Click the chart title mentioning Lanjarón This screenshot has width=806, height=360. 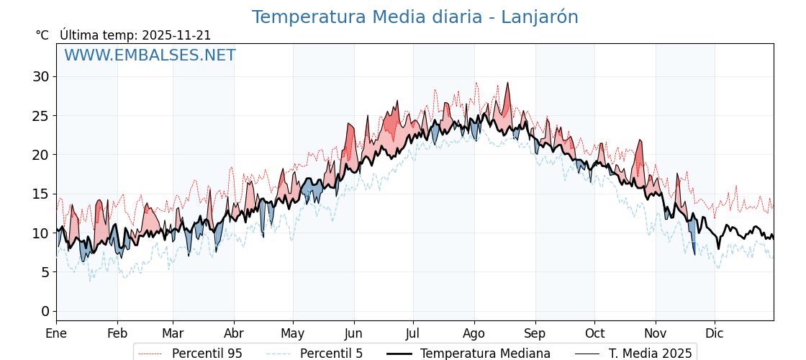(415, 17)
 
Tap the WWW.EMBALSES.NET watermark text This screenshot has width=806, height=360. (150, 55)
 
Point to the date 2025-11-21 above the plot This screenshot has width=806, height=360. (176, 35)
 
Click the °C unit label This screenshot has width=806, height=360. (42, 35)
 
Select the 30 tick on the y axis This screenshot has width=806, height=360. (40, 76)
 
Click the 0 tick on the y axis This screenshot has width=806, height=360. (45, 311)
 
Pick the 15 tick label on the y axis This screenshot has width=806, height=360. (40, 194)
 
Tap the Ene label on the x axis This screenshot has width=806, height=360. (56, 333)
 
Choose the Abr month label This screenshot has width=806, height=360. (234, 333)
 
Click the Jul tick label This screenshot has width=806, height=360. (413, 333)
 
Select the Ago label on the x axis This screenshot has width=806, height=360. (474, 333)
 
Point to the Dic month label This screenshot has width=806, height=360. (715, 333)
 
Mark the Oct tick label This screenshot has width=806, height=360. (594, 333)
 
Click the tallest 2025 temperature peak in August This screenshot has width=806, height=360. (507, 83)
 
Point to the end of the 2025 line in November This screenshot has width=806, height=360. (695, 254)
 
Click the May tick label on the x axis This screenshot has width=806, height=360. (293, 333)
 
